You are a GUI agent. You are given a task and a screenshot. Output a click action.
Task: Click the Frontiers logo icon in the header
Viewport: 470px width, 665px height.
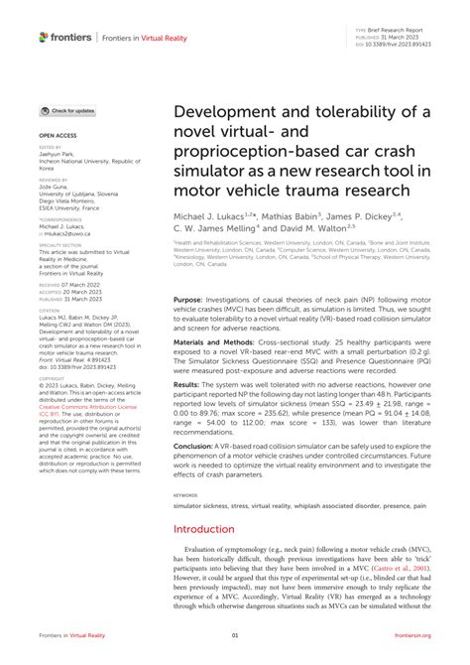(44, 37)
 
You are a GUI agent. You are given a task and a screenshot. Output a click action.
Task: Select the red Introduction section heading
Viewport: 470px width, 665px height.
(209, 529)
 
